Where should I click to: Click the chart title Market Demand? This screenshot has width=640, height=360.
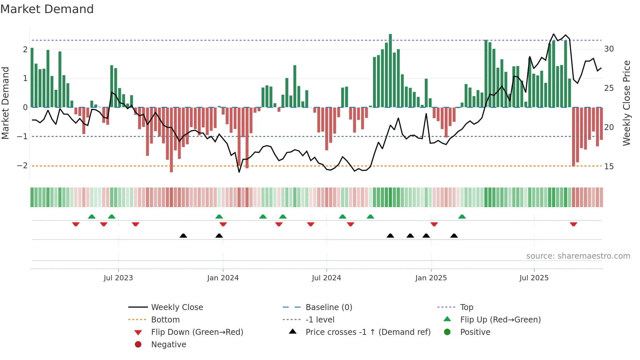point(47,9)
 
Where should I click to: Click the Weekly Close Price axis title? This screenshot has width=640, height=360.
point(626,103)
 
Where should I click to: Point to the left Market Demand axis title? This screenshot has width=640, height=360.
point(5,103)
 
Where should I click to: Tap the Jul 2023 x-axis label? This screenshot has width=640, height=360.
point(118,278)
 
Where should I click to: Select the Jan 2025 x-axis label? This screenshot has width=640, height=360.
point(431,278)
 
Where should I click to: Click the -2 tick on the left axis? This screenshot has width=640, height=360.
point(22,166)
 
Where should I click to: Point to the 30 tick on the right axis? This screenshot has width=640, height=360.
point(609,49)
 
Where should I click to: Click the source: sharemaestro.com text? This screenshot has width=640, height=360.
point(578,256)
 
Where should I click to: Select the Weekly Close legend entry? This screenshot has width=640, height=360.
point(177,307)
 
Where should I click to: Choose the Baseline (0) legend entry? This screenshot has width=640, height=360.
point(328,307)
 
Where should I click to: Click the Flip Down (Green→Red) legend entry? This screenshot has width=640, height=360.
point(197,332)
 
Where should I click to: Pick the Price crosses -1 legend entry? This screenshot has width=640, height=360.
point(368,332)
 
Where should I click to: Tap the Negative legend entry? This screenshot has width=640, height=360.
point(168,345)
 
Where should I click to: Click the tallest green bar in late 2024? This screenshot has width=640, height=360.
point(390,70)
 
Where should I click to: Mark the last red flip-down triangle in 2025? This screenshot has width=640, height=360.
point(573,224)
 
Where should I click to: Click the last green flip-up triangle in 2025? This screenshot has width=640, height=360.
point(462,217)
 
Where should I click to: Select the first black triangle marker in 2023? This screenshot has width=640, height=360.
point(183,236)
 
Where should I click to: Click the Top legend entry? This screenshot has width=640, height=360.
point(466,307)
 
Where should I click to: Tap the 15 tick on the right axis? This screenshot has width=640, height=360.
point(609,167)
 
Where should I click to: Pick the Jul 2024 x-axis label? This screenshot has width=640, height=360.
point(326,278)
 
